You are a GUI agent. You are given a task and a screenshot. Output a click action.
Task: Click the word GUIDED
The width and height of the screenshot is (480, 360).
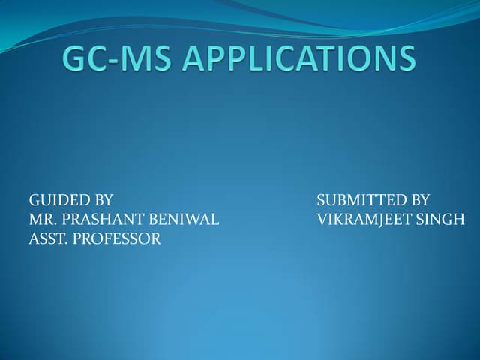55,200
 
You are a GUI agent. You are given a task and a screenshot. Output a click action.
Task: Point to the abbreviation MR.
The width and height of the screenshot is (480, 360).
42,220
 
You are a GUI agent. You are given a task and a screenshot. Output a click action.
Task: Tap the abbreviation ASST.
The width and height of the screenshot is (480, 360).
47,239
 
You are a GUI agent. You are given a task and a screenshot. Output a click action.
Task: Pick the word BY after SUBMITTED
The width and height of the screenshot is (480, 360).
417,200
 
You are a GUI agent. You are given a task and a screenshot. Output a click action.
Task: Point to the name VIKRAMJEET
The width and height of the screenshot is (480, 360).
366,220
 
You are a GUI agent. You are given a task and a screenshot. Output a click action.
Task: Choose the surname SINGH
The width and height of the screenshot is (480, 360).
442,220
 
